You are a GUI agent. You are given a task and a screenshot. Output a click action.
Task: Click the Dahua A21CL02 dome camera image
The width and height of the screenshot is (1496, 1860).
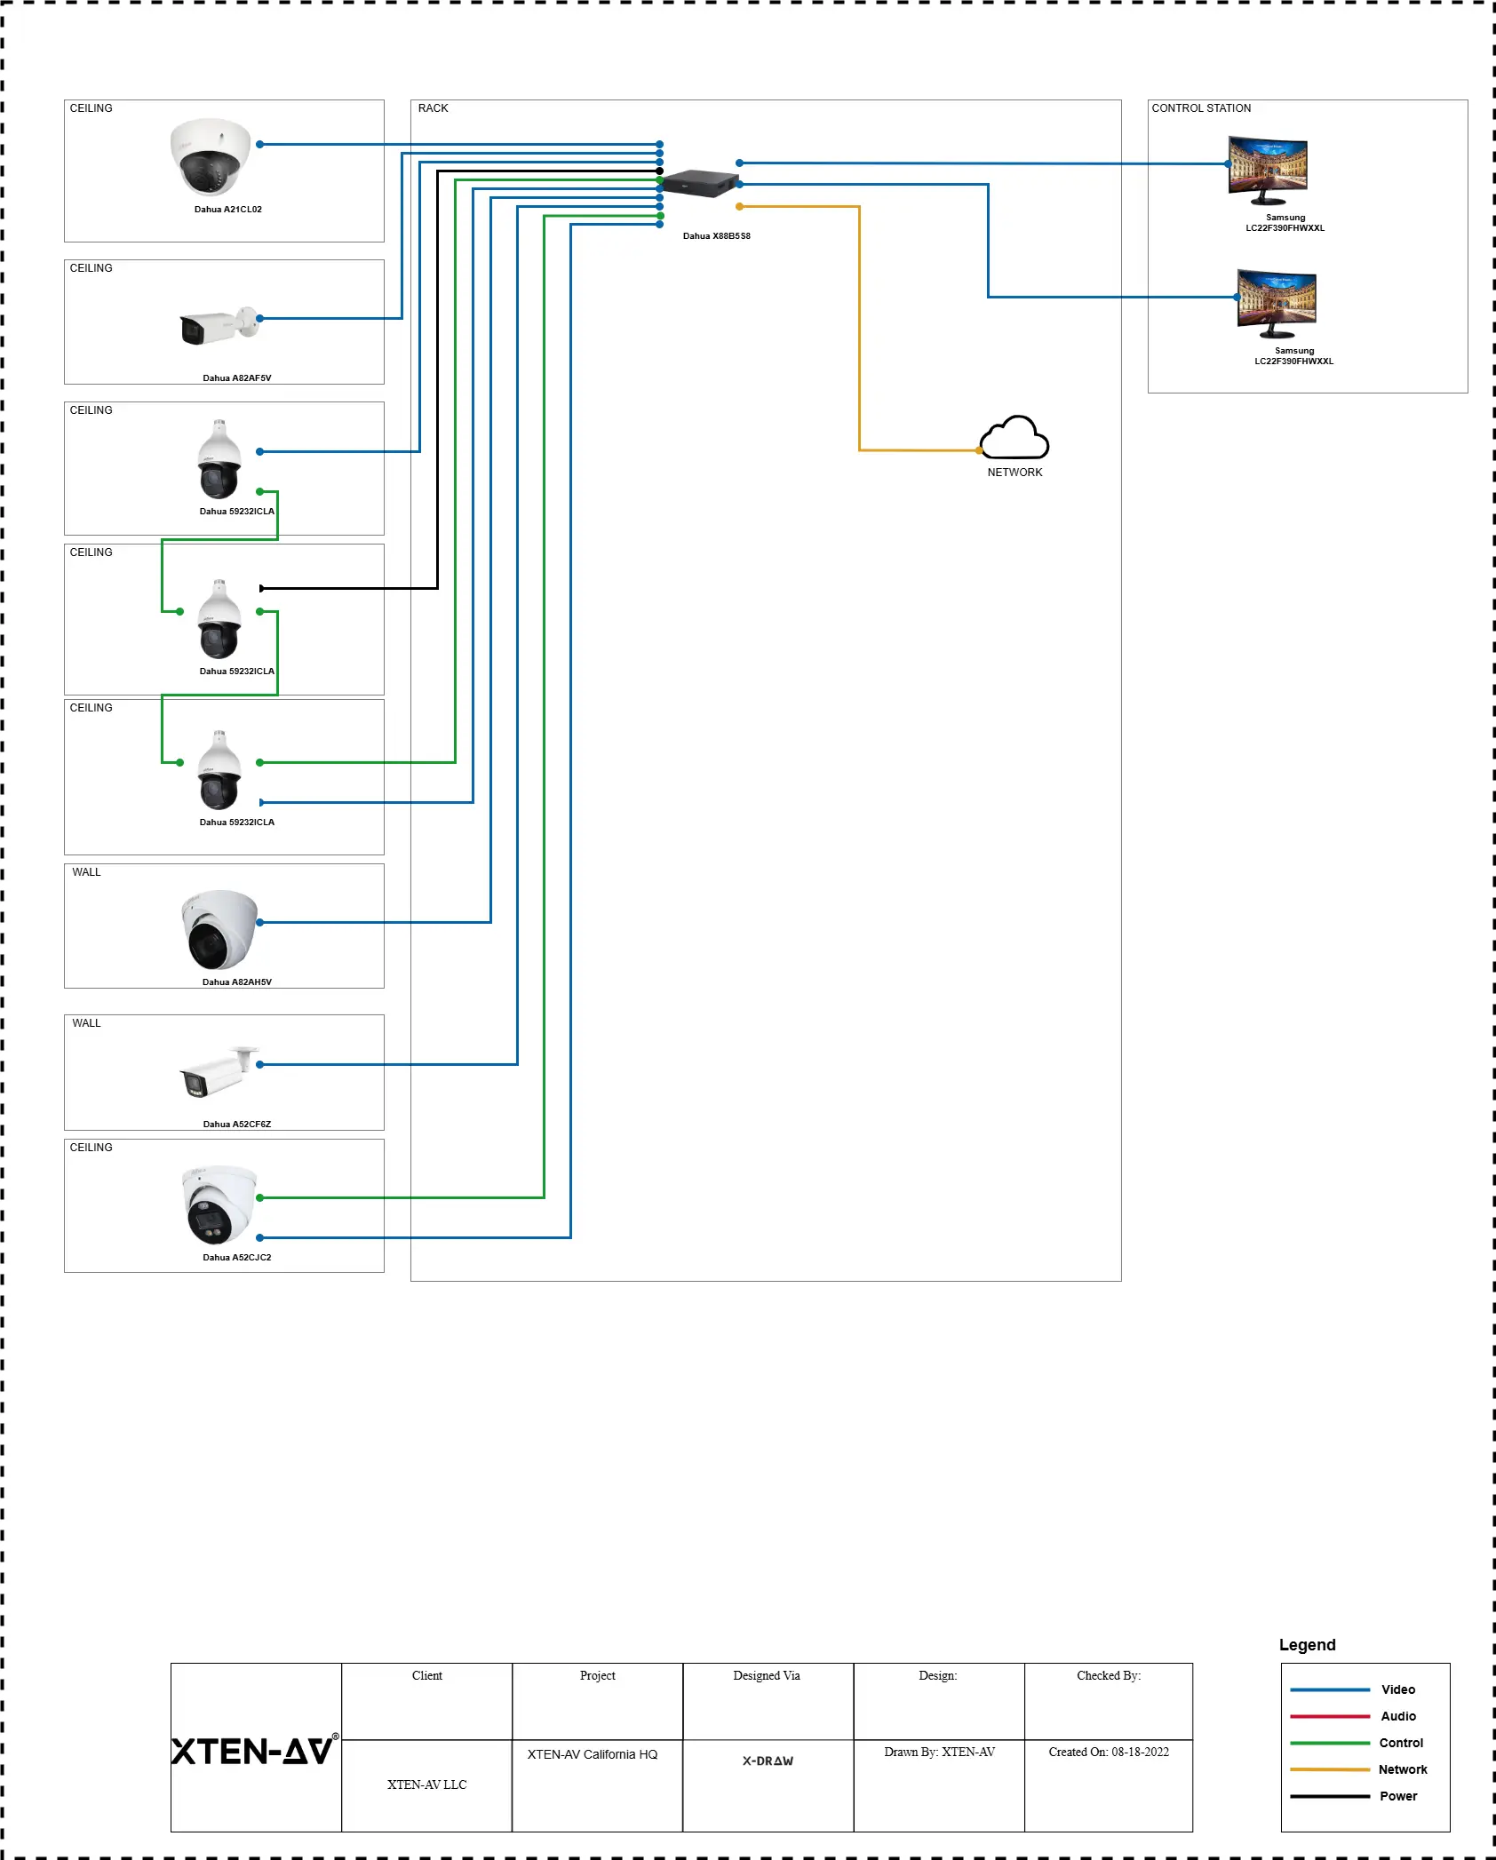[x=211, y=156]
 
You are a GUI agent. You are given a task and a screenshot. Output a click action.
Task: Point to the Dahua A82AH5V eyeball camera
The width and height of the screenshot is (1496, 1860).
[x=219, y=929]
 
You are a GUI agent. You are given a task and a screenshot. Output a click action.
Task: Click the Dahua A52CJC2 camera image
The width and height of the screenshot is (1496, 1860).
[x=219, y=1204]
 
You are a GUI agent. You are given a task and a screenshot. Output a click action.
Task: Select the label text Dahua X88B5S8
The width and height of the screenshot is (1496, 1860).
[x=716, y=236]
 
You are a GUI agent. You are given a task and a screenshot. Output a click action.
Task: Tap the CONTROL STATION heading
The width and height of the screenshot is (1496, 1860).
[x=1201, y=108]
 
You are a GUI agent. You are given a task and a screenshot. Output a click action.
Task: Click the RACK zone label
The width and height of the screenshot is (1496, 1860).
[x=434, y=108]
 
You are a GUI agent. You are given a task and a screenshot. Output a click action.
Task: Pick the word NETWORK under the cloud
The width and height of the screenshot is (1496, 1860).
[x=1015, y=473]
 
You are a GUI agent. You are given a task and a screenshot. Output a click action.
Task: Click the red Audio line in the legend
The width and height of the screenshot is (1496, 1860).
[x=1330, y=1716]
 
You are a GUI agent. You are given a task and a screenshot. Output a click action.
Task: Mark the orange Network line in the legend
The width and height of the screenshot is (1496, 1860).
[x=1330, y=1769]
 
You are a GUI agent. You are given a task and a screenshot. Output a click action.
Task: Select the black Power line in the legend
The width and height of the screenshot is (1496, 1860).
[x=1330, y=1796]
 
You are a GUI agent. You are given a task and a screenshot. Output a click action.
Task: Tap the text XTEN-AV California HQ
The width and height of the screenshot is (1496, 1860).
[x=593, y=1754]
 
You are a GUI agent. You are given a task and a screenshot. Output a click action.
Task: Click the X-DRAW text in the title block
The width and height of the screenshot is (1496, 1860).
[x=768, y=1761]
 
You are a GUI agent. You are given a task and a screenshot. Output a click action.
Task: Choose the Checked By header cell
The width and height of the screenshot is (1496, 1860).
[x=1109, y=1675]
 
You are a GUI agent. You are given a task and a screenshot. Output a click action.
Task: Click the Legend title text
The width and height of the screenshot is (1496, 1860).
[x=1307, y=1645]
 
